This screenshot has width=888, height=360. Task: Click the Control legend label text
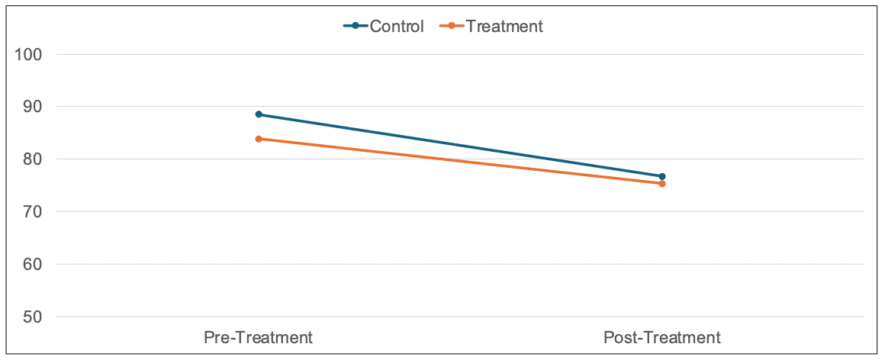pyautogui.click(x=396, y=26)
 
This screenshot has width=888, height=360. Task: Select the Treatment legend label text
pyautogui.click(x=504, y=26)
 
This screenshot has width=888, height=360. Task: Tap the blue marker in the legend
pyautogui.click(x=356, y=26)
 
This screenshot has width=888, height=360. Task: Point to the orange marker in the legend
pyautogui.click(x=452, y=26)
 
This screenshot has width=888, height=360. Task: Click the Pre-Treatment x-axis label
pyautogui.click(x=258, y=337)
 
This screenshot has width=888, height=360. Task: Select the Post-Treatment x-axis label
pyautogui.click(x=661, y=337)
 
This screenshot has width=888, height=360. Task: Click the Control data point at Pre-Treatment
pyautogui.click(x=259, y=114)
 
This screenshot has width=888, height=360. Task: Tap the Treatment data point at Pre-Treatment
pyautogui.click(x=259, y=139)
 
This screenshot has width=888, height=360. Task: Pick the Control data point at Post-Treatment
pyautogui.click(x=662, y=176)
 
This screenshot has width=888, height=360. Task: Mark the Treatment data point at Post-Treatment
pyautogui.click(x=662, y=184)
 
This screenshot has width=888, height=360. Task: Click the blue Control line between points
pyautogui.click(x=460, y=145)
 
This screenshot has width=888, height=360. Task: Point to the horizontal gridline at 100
pyautogui.click(x=458, y=55)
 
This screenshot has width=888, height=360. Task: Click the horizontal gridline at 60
pyautogui.click(x=458, y=265)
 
